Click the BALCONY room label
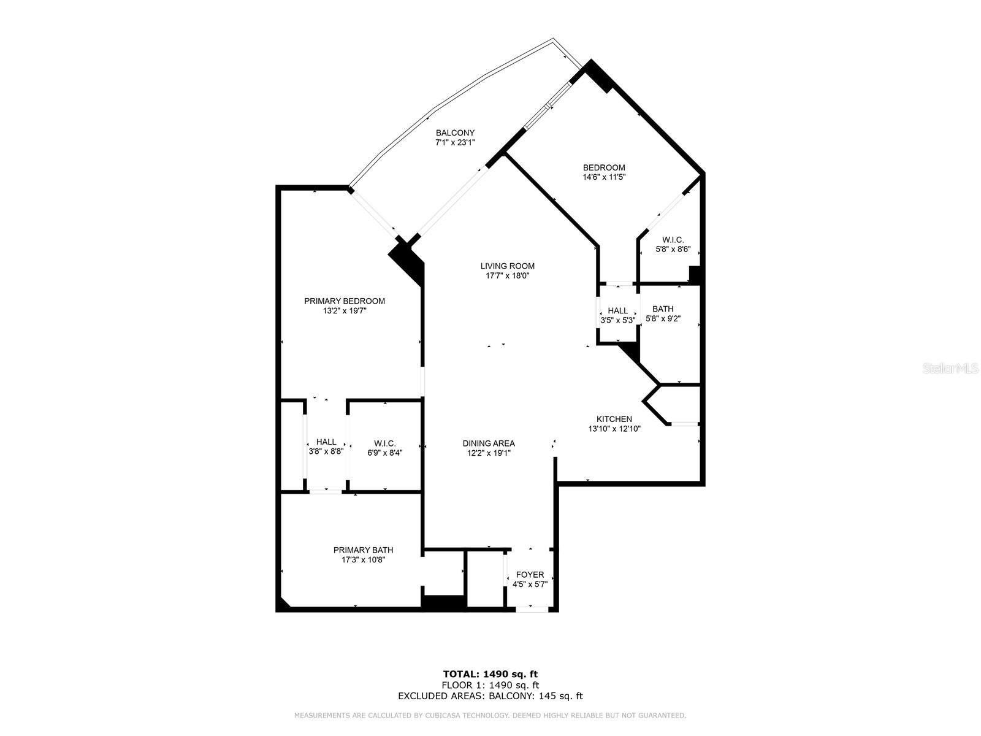pyautogui.click(x=455, y=132)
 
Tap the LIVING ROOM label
pyautogui.click(x=507, y=266)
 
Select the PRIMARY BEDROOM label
pyautogui.click(x=345, y=301)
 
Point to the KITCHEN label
pyautogui.click(x=614, y=419)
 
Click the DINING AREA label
pyautogui.click(x=489, y=443)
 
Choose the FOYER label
pyautogui.click(x=530, y=575)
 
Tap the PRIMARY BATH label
pyautogui.click(x=364, y=550)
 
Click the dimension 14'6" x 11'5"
pyautogui.click(x=604, y=177)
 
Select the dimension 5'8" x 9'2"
pyautogui.click(x=663, y=318)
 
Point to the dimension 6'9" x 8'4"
pyautogui.click(x=385, y=453)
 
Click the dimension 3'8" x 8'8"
pyautogui.click(x=326, y=451)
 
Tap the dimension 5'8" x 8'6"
pyautogui.click(x=673, y=250)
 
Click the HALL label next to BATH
pyautogui.click(x=617, y=310)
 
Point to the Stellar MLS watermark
pyautogui.click(x=950, y=369)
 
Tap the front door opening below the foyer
pyautogui.click(x=532, y=609)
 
